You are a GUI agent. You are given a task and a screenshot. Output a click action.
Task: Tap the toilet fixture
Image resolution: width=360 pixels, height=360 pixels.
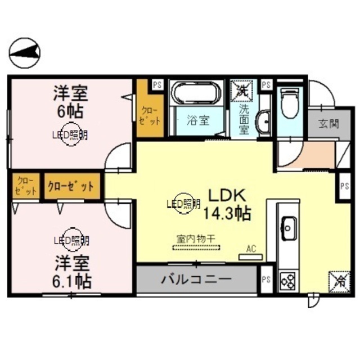(289, 104)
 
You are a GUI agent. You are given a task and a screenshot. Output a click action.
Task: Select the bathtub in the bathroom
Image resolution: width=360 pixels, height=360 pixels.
(196, 92)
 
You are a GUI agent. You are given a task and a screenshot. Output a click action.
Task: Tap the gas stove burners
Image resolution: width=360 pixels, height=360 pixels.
(288, 280)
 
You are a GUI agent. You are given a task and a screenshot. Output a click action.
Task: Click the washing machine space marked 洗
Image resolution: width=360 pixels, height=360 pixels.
(242, 89)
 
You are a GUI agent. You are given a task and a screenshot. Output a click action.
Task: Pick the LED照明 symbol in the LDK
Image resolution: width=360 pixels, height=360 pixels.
(183, 204)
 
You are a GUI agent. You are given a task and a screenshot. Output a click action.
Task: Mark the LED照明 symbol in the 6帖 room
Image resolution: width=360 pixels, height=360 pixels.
(71, 135)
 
